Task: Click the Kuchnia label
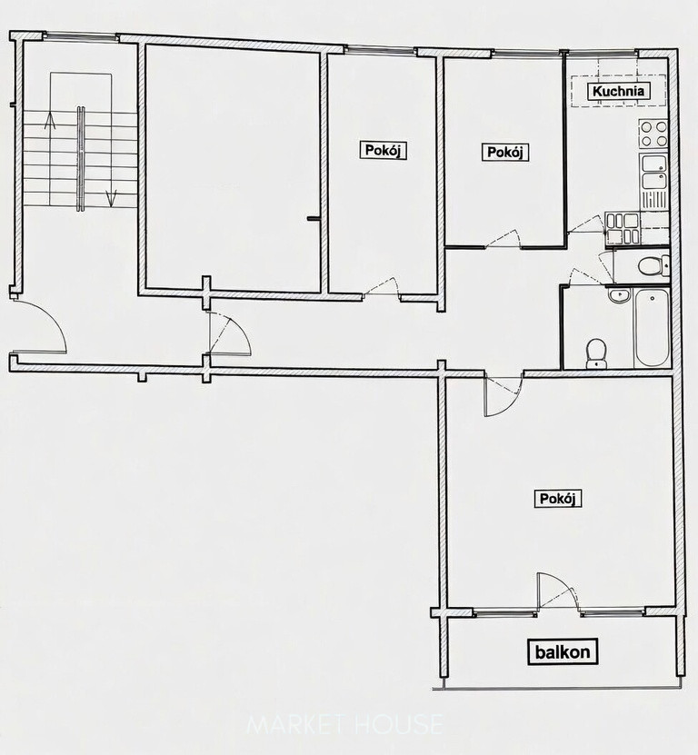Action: [619, 91]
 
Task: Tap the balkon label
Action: [563, 652]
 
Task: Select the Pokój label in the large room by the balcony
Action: [558, 499]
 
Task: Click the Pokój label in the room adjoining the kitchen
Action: [504, 153]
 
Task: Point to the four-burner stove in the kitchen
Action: [653, 134]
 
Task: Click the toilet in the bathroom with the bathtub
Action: [596, 354]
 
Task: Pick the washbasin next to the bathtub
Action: [619, 295]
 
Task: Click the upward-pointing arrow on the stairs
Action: [50, 120]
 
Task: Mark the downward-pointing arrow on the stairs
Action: [111, 198]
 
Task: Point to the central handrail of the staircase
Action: [81, 158]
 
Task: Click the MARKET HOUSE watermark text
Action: [344, 724]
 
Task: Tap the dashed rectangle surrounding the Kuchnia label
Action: [619, 91]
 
